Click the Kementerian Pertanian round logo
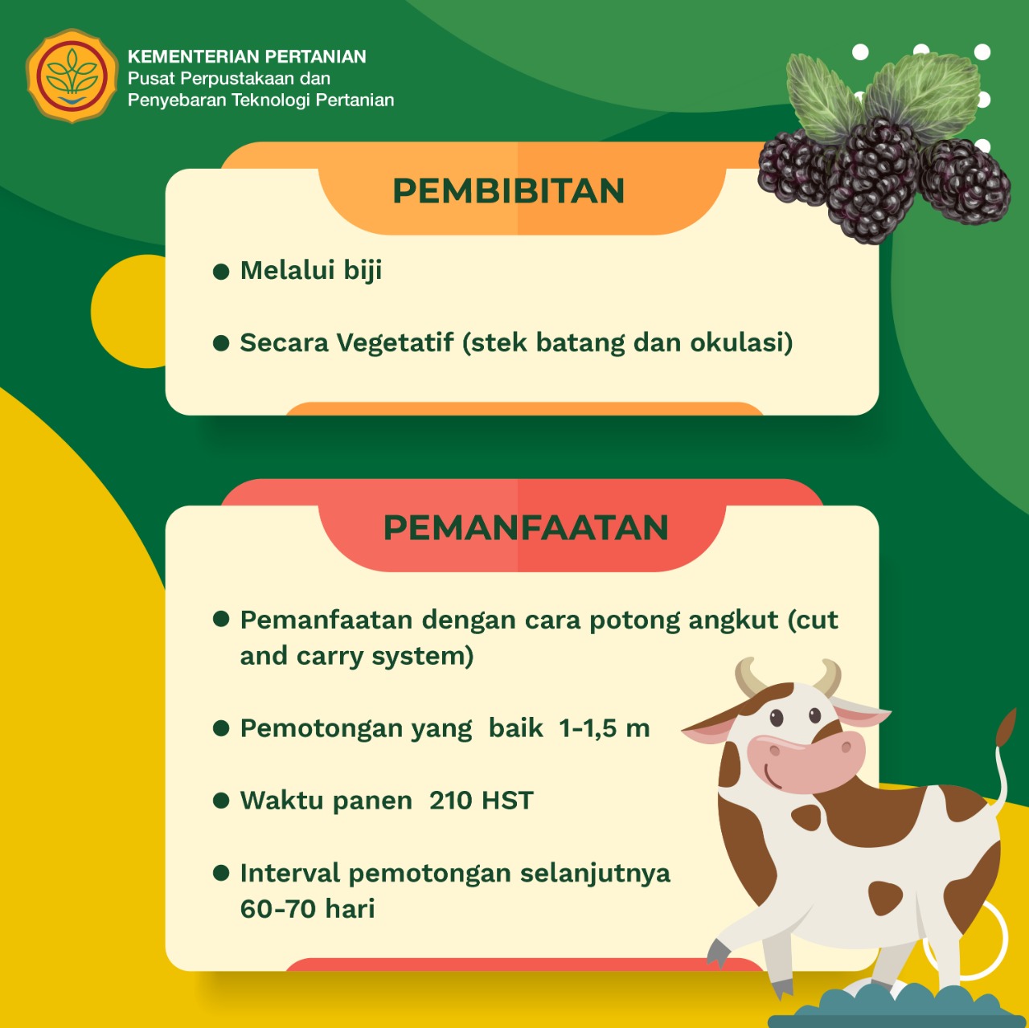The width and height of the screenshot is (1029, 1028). pyautogui.click(x=72, y=76)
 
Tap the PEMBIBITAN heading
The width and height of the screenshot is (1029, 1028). pyautogui.click(x=508, y=190)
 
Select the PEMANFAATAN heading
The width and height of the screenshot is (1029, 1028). pyautogui.click(x=526, y=527)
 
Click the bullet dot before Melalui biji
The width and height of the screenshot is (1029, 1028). pyautogui.click(x=221, y=272)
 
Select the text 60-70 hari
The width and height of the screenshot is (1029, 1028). pyautogui.click(x=308, y=908)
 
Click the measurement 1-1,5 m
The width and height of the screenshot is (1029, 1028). pyautogui.click(x=605, y=728)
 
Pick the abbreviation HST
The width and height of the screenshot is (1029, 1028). pyautogui.click(x=507, y=801)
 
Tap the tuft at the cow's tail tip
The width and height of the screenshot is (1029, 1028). pyautogui.click(x=1006, y=727)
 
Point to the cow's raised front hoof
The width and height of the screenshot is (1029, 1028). pyautogui.click(x=719, y=952)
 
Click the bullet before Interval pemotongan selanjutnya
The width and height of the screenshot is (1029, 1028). pyautogui.click(x=221, y=873)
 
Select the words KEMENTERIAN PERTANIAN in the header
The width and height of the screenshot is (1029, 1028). pyautogui.click(x=247, y=56)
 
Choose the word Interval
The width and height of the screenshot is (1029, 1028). pyautogui.click(x=290, y=873)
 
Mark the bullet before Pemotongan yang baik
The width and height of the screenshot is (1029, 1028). pyautogui.click(x=221, y=728)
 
